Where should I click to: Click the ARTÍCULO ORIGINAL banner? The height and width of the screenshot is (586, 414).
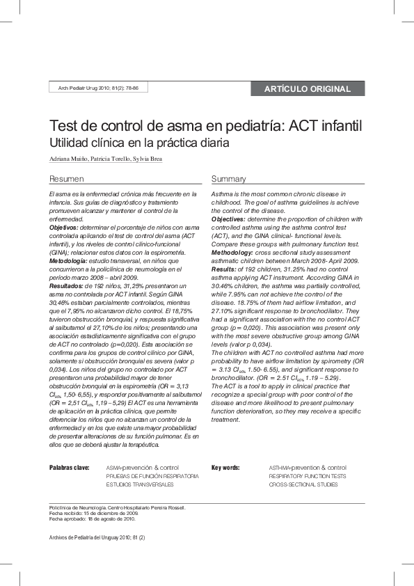(307, 88)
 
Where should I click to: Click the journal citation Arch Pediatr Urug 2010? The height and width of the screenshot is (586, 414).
(94, 88)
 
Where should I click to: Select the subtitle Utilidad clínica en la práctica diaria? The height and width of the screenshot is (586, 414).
(138, 143)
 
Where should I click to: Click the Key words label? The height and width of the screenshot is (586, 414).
(225, 467)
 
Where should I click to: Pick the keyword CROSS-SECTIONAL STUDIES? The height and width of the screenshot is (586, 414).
(303, 484)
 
